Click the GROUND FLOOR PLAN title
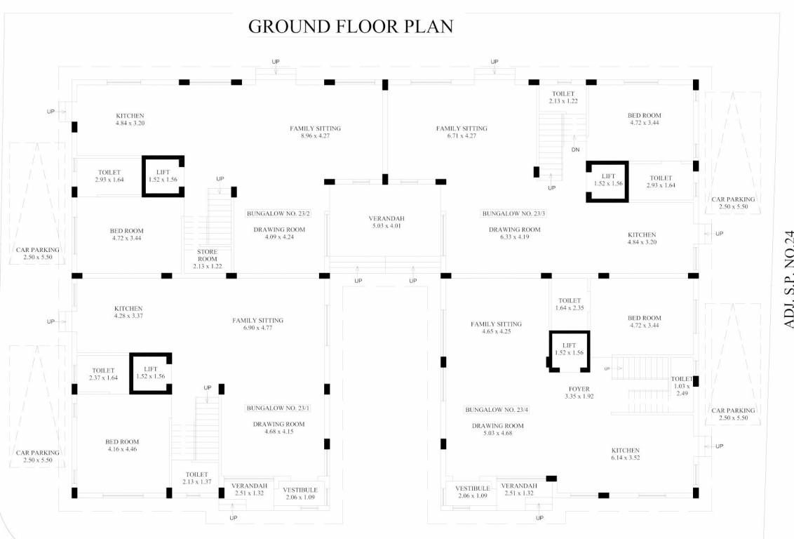click(350, 27)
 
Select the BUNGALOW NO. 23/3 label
click(513, 213)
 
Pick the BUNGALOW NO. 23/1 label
click(278, 408)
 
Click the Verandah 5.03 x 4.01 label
click(386, 222)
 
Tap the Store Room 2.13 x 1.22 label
click(207, 259)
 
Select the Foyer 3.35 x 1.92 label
click(579, 392)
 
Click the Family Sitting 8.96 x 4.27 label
click(315, 132)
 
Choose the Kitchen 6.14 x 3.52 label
click(625, 453)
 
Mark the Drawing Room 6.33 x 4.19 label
click(514, 233)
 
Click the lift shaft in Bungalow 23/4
click(569, 349)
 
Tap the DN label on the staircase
click(575, 149)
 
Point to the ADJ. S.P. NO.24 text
click(788, 279)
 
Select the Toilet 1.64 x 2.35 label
click(569, 304)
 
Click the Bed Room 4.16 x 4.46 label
click(122, 445)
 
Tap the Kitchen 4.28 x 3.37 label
click(128, 312)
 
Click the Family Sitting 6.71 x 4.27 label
click(461, 132)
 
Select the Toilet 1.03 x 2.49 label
click(681, 385)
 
